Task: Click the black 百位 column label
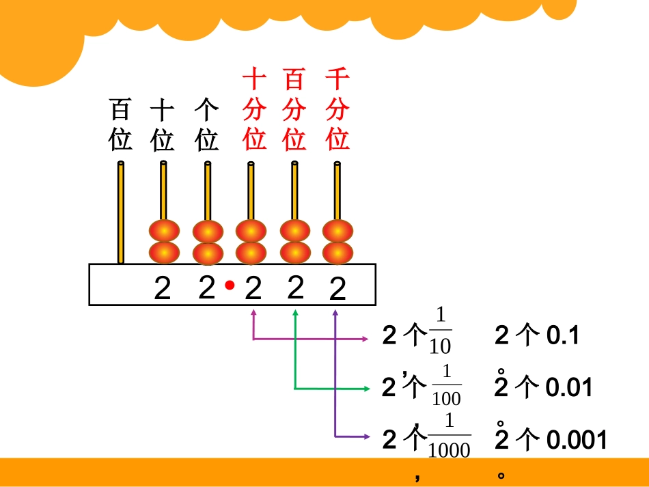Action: click(x=120, y=124)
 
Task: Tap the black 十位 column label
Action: click(x=163, y=124)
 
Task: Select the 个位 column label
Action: click(x=206, y=124)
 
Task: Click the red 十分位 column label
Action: click(x=253, y=109)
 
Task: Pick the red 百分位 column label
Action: click(x=294, y=109)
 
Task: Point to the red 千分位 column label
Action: click(x=337, y=109)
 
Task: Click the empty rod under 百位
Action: click(x=121, y=212)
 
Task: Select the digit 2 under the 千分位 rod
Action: click(x=337, y=290)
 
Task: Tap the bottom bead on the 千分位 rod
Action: click(x=337, y=252)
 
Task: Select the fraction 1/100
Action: click(x=447, y=385)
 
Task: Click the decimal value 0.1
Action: click(x=563, y=335)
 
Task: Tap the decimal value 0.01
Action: click(x=568, y=388)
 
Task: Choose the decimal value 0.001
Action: click(x=577, y=439)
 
